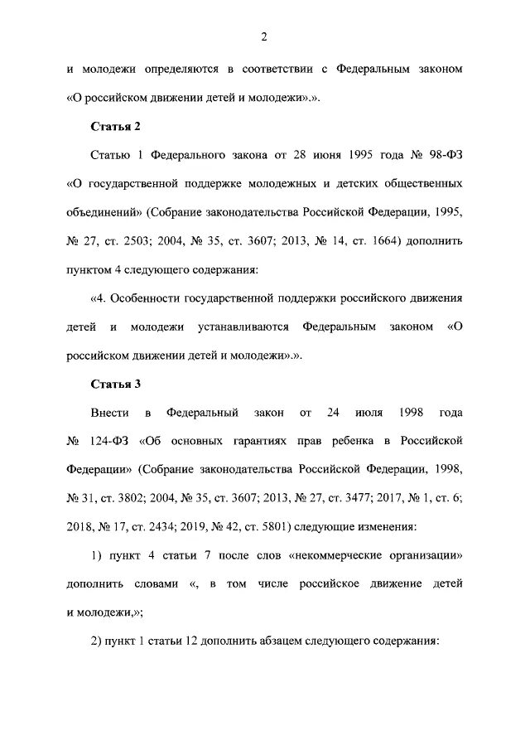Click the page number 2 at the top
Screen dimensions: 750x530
264,36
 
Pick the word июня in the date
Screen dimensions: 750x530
331,154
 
